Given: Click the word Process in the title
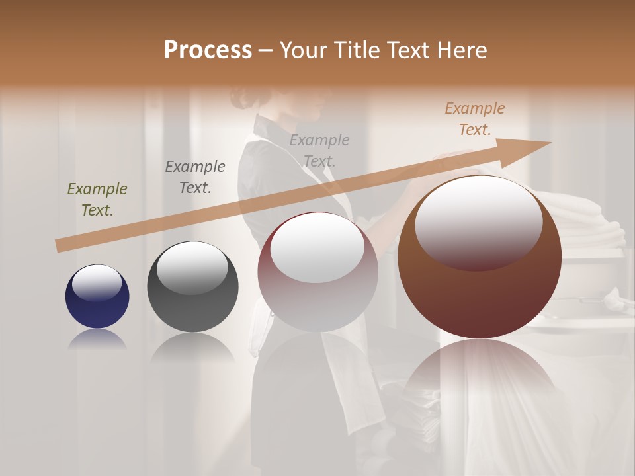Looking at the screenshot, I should (x=208, y=50).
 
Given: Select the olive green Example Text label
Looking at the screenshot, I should (x=97, y=200).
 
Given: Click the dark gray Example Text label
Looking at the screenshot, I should (x=195, y=177).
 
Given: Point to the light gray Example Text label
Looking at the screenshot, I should (x=319, y=151).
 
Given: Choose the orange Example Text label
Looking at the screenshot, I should (x=475, y=119).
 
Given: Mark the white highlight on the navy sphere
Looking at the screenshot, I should (x=97, y=283).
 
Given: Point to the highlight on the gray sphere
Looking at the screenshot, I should (x=192, y=268).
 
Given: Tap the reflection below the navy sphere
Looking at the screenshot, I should (x=97, y=340).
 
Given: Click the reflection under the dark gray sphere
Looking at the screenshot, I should (x=192, y=348).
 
